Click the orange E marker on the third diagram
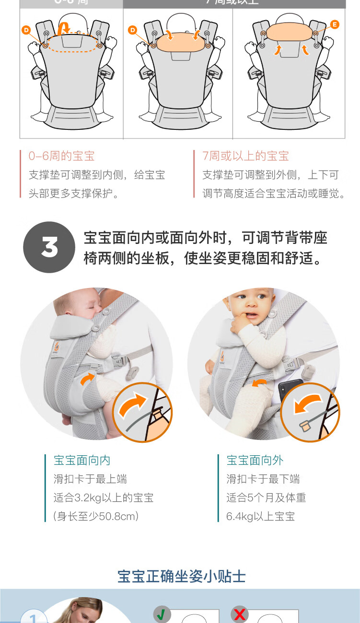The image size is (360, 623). point(335,24)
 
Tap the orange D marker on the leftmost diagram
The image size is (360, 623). point(26,30)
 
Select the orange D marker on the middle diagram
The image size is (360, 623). point(132,30)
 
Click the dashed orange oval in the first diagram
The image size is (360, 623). point(72,43)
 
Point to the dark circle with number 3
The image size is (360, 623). point(49,247)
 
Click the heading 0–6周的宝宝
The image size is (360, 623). point(61,156)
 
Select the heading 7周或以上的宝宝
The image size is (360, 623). point(245,156)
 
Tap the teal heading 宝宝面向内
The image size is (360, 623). point(82,461)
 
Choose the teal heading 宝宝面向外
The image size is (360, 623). point(255,461)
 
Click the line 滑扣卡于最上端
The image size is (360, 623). point(90,479)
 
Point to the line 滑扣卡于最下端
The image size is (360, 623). point(263,479)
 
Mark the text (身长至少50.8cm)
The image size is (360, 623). point(96,517)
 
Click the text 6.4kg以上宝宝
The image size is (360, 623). point(260,517)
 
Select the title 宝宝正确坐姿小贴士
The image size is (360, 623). point(182,576)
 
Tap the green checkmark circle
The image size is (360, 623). point(162,614)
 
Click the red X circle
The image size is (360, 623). point(239,614)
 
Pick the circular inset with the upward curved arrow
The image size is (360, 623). point(142,412)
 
